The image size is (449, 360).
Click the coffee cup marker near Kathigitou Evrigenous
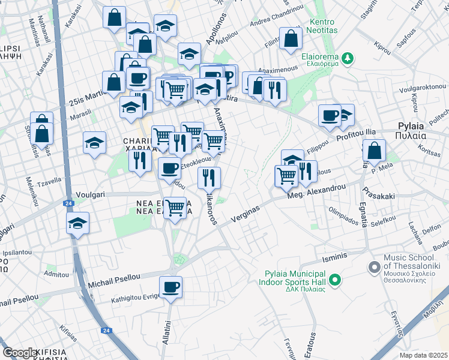tap(171, 287)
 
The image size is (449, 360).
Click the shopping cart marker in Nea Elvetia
tap(175, 208)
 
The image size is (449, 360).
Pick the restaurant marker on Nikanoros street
tap(209, 178)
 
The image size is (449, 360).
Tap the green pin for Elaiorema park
tap(348, 58)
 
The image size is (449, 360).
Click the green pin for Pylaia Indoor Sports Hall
tap(335, 279)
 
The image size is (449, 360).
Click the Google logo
tap(20, 353)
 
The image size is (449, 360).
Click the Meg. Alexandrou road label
tap(316, 191)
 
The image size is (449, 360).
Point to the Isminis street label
tap(335, 256)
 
